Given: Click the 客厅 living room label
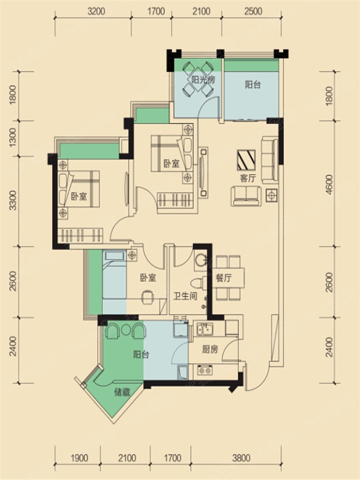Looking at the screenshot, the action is point(248,178).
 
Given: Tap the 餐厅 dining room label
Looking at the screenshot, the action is point(224,278).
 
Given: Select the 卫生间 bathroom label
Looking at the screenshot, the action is point(185,296).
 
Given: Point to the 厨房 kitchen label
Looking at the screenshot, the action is point(210,349).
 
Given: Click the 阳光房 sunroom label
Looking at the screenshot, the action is point(203,80).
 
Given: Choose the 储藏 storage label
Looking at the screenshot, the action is point(122,392).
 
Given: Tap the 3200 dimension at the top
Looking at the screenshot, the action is point(96,11).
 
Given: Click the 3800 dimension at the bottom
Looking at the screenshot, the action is point(241,458).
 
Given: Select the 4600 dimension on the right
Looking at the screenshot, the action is point(329,185).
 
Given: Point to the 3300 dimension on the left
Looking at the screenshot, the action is point(13,200).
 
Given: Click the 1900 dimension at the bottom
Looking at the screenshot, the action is point(79,458).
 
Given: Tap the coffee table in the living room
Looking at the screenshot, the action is point(246,160).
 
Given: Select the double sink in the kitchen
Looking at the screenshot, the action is point(205,329).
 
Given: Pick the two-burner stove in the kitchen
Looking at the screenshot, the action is point(205,370).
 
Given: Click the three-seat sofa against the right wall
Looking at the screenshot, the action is point(269,161).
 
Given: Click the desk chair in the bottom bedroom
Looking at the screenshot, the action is point(148,297).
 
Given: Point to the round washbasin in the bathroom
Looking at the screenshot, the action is point(201,260).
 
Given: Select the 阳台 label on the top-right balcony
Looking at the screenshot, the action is point(253,84).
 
